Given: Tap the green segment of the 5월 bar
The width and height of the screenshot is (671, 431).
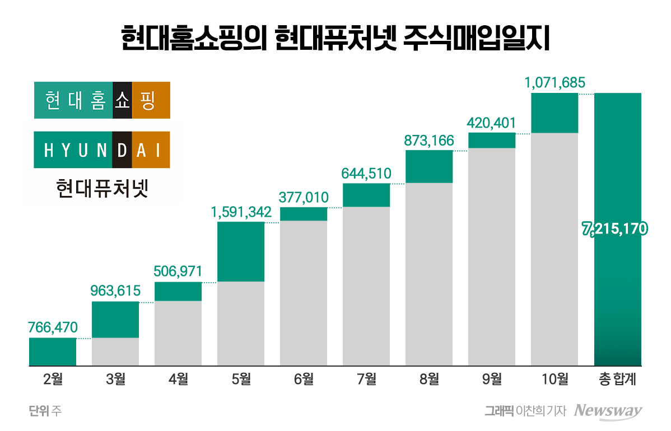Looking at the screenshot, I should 241,251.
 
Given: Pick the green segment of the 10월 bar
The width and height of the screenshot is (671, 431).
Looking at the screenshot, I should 554,113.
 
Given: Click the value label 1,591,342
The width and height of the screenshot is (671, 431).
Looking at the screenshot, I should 241,212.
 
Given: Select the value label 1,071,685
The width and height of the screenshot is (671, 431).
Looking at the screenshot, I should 554,83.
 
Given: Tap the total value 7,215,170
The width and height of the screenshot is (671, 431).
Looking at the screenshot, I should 615,229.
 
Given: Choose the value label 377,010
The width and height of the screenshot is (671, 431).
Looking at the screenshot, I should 304,198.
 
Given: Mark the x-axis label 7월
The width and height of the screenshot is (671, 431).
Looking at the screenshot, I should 366,380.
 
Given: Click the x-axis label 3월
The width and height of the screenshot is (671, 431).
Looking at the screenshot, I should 115,380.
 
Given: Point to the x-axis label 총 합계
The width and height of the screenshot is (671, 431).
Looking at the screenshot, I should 617,380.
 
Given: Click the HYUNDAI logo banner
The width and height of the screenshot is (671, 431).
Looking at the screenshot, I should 102,150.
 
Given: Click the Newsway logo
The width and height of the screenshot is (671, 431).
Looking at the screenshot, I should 608,411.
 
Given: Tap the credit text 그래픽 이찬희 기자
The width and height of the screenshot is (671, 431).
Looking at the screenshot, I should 525,411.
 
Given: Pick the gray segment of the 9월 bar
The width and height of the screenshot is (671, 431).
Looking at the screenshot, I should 492,257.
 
